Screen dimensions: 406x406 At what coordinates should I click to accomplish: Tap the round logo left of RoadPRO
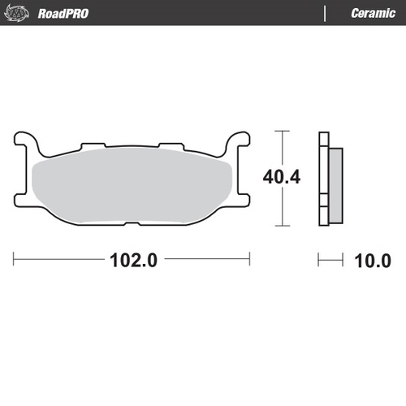point(24,13)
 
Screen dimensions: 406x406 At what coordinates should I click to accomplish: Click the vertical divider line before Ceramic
point(326,13)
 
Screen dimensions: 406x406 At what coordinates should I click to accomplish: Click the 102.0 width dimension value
point(132,261)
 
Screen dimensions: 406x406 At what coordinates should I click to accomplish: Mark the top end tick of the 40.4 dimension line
point(281,131)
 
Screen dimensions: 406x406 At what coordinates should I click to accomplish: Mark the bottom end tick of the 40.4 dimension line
point(281,225)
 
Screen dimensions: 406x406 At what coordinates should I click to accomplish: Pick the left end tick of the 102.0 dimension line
point(14,260)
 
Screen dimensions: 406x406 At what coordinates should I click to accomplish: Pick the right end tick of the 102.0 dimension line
point(249,260)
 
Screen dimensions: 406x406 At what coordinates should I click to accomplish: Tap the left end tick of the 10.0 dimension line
point(318,260)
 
